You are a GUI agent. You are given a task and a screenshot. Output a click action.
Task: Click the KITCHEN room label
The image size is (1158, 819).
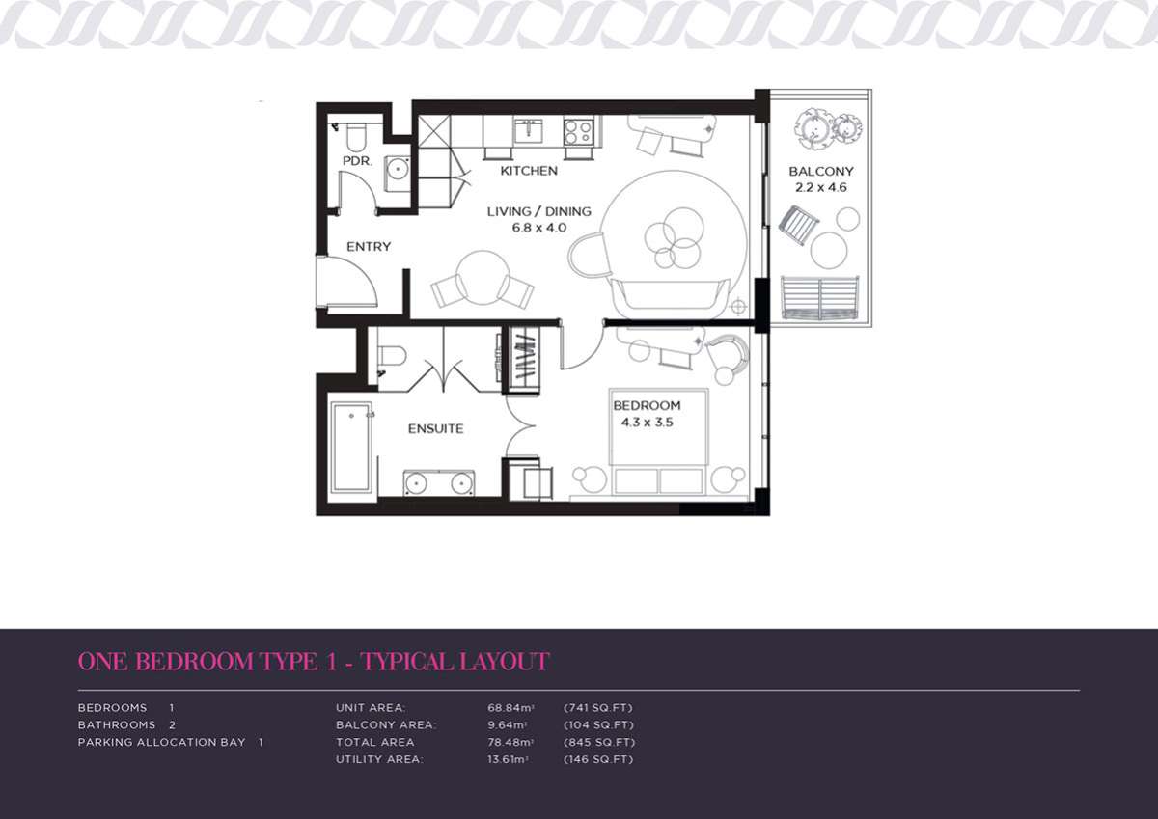(529, 171)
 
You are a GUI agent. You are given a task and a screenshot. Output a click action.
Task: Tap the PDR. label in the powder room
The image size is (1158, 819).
(357, 161)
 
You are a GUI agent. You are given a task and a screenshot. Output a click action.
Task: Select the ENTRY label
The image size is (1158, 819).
(369, 247)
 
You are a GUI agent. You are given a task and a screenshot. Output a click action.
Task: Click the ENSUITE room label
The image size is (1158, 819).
(436, 428)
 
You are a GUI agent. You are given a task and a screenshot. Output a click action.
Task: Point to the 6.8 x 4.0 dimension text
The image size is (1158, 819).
(539, 228)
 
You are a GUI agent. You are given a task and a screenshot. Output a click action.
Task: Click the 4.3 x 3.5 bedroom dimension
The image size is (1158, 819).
(647, 423)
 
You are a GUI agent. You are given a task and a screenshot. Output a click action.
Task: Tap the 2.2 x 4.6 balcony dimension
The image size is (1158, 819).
(821, 187)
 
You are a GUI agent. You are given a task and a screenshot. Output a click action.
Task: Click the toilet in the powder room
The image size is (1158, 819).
(356, 136)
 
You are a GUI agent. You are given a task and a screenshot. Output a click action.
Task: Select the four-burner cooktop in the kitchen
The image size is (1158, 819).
(579, 131)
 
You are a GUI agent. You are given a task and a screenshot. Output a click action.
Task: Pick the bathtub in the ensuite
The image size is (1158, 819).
(351, 447)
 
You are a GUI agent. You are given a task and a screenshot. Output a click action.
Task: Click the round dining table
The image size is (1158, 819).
(482, 278)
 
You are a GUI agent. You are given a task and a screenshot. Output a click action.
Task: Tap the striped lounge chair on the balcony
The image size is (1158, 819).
(799, 226)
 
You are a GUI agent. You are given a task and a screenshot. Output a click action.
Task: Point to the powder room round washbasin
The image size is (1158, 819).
(398, 168)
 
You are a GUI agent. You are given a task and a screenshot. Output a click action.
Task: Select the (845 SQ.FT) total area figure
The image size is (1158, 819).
(599, 742)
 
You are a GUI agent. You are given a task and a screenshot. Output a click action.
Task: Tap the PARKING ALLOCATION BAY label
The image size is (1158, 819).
(162, 742)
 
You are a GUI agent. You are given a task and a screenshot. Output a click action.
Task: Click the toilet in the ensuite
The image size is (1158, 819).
(392, 356)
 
